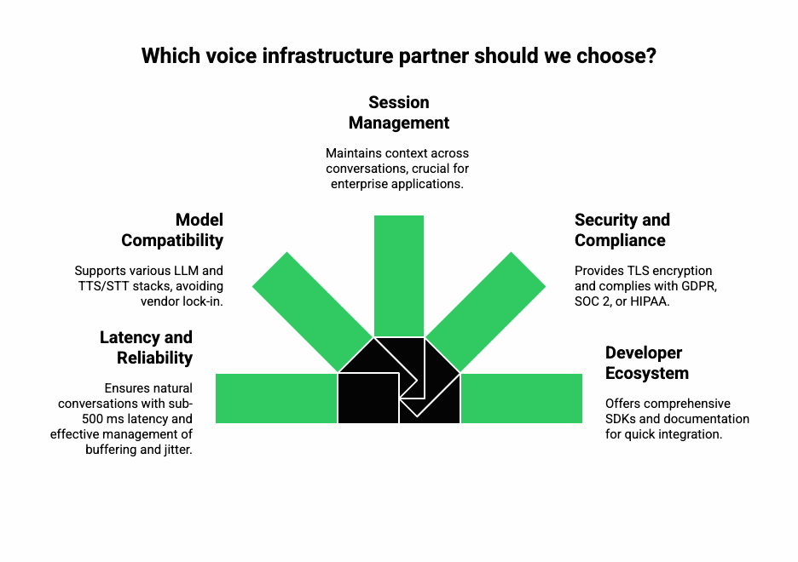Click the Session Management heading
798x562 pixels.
click(399, 112)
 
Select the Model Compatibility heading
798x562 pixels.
click(172, 230)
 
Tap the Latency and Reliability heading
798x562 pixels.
click(146, 347)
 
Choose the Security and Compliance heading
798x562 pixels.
click(622, 230)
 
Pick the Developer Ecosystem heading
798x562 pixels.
click(647, 363)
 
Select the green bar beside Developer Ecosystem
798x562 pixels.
click(521, 399)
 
